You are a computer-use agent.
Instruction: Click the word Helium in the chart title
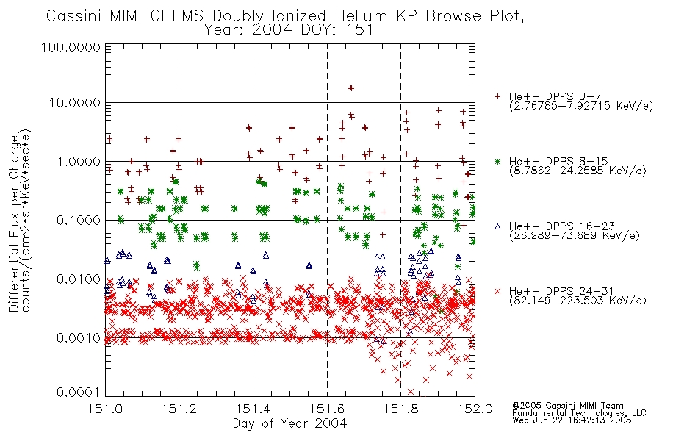pyautogui.click(x=362, y=16)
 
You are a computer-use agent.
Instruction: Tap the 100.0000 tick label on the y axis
pyautogui.click(x=71, y=47)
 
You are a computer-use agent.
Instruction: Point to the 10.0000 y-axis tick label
pyautogui.click(x=75, y=103)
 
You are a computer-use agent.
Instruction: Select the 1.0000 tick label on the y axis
pyautogui.click(x=79, y=161)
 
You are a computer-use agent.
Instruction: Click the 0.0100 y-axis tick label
pyautogui.click(x=79, y=279)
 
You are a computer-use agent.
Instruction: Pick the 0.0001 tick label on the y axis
pyautogui.click(x=79, y=392)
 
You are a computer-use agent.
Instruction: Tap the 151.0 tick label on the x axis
pyautogui.click(x=105, y=409)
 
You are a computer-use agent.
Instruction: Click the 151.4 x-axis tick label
pyautogui.click(x=253, y=409)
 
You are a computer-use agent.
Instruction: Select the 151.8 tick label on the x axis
pyautogui.click(x=400, y=409)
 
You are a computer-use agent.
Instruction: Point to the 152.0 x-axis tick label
pyautogui.click(x=475, y=409)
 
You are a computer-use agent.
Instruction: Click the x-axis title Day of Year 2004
pyautogui.click(x=289, y=423)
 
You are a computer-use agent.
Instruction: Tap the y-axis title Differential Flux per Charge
pyautogui.click(x=15, y=223)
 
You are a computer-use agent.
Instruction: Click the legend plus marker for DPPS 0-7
pyautogui.click(x=497, y=96)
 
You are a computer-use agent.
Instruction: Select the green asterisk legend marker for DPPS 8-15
pyautogui.click(x=497, y=161)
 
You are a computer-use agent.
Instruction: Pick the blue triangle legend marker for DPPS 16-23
pyautogui.click(x=497, y=226)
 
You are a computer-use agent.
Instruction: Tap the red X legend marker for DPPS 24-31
pyautogui.click(x=497, y=291)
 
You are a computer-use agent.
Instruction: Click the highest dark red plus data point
pyautogui.click(x=350, y=87)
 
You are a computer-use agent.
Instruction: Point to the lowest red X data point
pyautogui.click(x=411, y=392)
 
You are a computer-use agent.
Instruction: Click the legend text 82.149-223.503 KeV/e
pyautogui.click(x=578, y=301)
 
